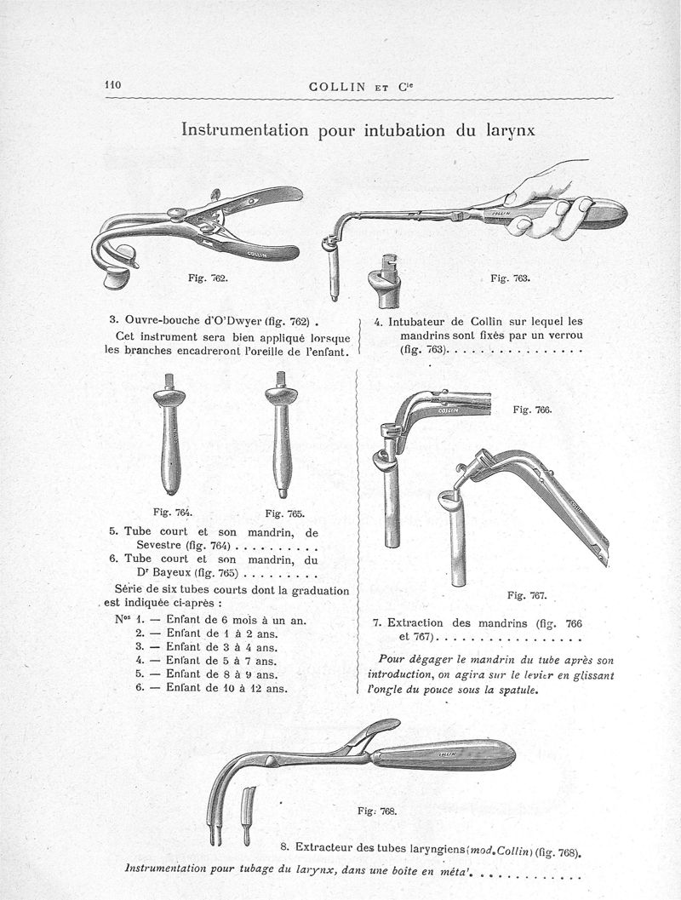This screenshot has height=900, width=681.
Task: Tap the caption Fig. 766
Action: [x=534, y=410]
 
